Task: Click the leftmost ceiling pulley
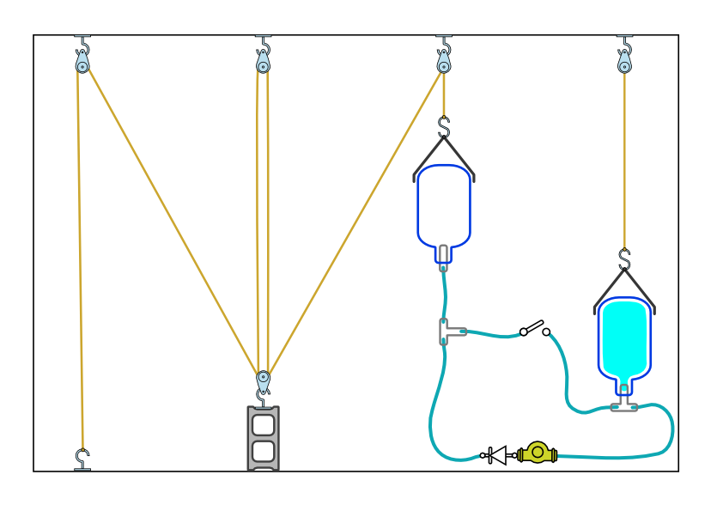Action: pos(82,64)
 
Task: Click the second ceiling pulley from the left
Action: pos(263,64)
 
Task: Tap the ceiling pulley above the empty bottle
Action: pos(444,64)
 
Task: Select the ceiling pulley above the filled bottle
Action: pos(624,64)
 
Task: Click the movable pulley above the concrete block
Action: pos(264,377)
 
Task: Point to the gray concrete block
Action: pos(264,438)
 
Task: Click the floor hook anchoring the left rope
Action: pos(82,459)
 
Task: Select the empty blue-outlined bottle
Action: pos(444,206)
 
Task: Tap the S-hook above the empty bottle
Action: pos(444,127)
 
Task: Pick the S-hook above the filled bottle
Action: pos(624,259)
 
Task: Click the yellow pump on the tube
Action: pos(538,452)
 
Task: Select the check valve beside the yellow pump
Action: pos(495,455)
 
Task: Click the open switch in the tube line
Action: pos(535,328)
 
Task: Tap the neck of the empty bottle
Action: pos(443,253)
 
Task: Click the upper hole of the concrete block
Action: pos(264,423)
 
